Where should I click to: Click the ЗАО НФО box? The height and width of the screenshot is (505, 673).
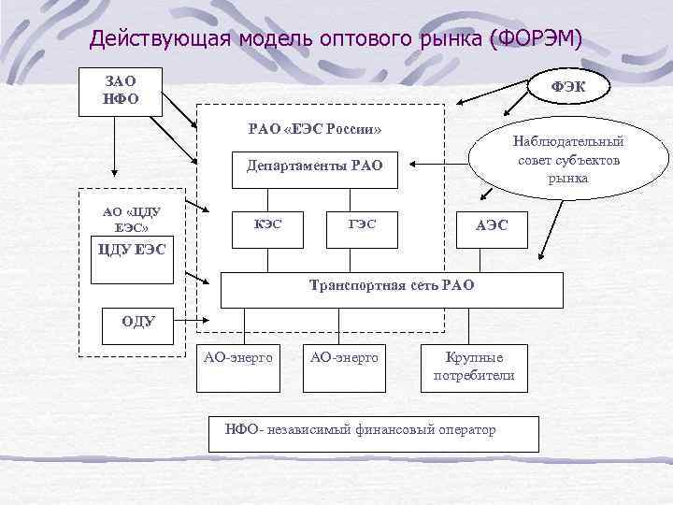click(x=122, y=91)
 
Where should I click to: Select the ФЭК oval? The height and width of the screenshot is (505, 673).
click(x=570, y=86)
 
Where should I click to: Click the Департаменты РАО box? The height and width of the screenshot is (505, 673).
click(x=314, y=167)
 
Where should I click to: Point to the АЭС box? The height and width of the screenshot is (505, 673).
click(x=492, y=225)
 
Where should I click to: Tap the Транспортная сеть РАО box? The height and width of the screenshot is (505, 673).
click(x=392, y=289)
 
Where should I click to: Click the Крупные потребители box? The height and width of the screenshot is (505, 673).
click(x=474, y=367)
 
